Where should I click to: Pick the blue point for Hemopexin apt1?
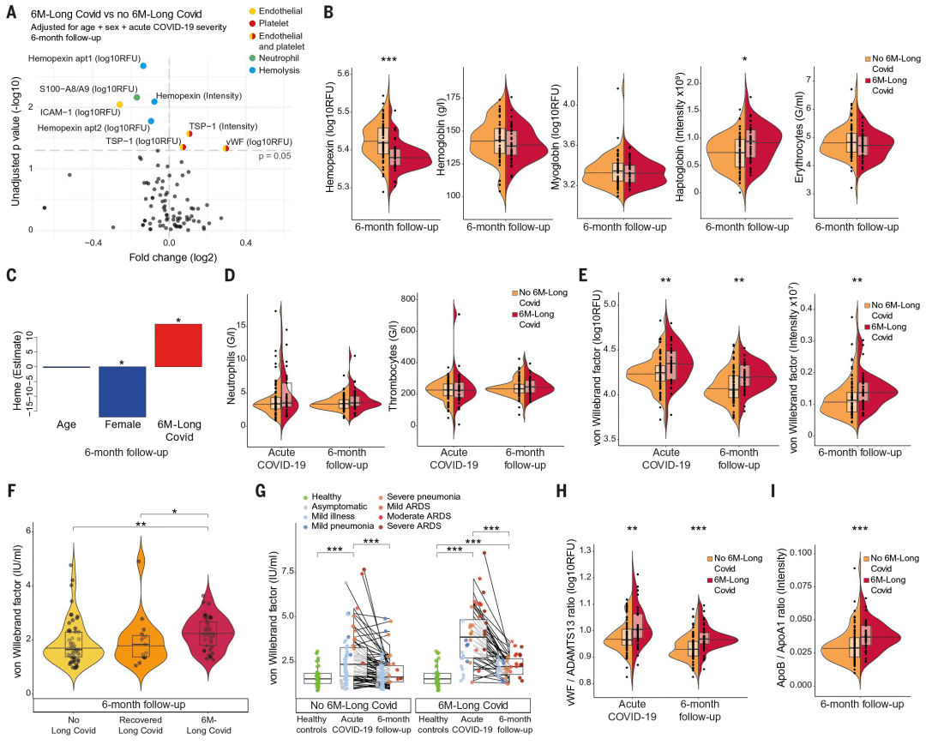(143, 65)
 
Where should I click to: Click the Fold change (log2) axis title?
(172, 256)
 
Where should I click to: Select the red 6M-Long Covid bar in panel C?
(177, 345)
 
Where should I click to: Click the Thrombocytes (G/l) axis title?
(388, 360)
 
